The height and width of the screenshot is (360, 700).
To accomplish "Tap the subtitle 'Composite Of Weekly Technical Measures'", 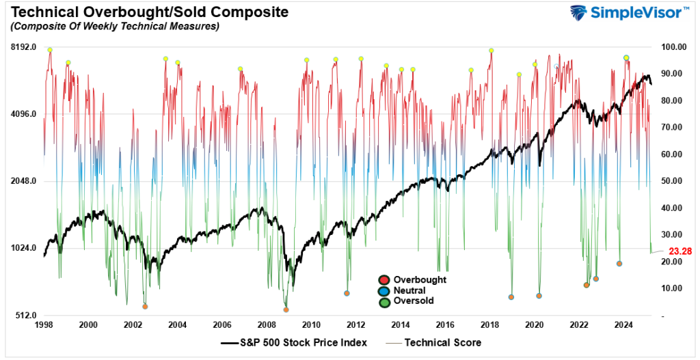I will click(x=112, y=27).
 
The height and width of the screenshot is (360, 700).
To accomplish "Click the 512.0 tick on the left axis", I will click(x=30, y=316).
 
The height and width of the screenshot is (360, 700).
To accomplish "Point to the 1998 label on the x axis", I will click(x=44, y=325).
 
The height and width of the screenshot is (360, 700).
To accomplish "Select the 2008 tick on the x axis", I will click(x=266, y=325).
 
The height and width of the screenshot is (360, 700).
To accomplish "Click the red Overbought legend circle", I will click(x=385, y=279).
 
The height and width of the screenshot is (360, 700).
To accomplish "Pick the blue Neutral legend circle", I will click(x=385, y=290).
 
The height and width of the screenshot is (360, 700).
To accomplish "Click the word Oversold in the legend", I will click(x=414, y=301).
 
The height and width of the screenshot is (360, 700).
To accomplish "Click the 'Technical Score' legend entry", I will click(x=443, y=342).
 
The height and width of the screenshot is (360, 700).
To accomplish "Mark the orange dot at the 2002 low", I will click(x=145, y=307).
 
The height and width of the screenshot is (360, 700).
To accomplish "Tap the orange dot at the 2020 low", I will click(x=539, y=296).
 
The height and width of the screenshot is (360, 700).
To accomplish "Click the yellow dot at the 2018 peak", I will click(x=491, y=51).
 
